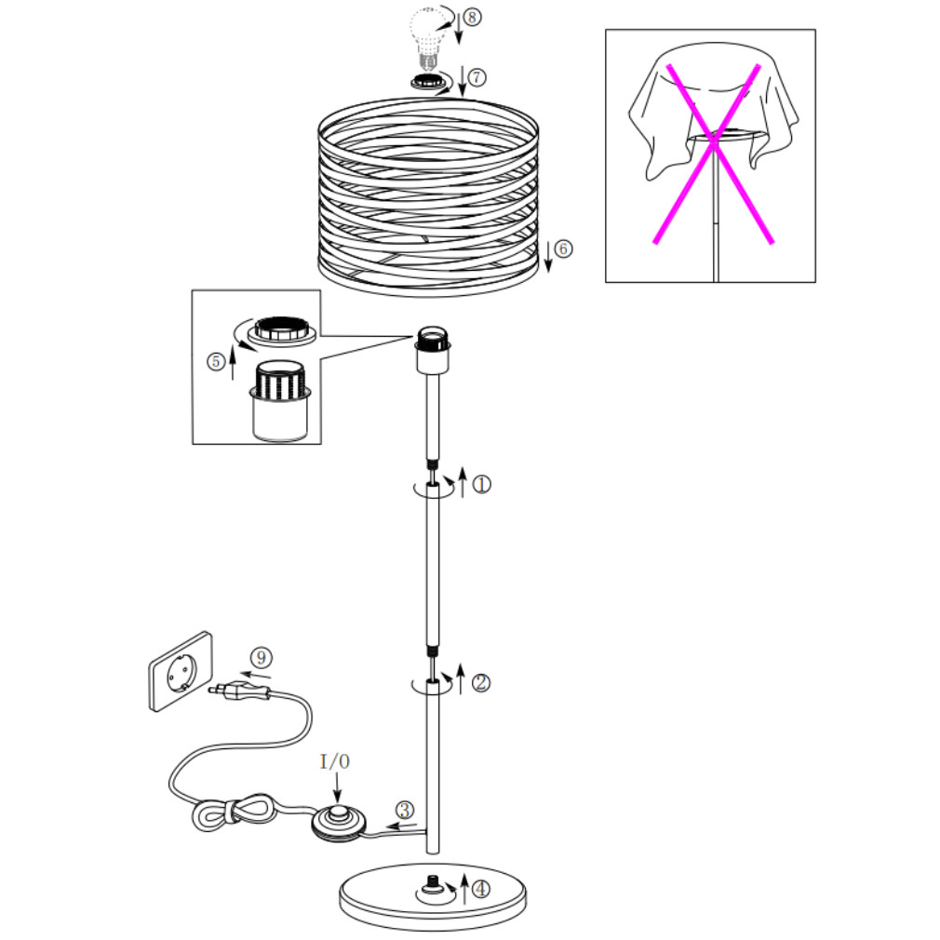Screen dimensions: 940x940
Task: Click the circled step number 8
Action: coord(472,17)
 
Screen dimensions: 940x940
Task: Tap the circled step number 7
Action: coord(477,77)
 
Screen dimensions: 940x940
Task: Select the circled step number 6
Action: coord(563,248)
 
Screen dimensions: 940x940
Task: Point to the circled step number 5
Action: coord(216,361)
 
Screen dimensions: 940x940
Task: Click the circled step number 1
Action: coord(481,484)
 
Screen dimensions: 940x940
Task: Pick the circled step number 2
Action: coord(481,683)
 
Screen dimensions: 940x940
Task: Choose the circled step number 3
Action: coord(405,811)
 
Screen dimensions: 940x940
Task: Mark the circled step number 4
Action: coord(481,889)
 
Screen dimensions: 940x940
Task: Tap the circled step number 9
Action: coord(261,658)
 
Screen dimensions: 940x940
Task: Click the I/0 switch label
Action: coord(335,762)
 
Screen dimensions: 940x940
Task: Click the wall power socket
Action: coord(181,671)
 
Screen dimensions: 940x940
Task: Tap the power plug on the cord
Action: coord(240,691)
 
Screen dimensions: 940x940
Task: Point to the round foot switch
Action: coord(339,822)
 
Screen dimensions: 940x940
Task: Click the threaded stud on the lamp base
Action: coord(432,883)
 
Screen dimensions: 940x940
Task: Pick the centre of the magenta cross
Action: coord(713,142)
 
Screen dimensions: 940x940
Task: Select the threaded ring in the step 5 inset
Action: coord(282,331)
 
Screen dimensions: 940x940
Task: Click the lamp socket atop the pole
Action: coord(433,350)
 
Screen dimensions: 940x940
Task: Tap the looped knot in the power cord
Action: coord(234,812)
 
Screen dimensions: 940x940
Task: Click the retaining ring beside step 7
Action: coord(427,80)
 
